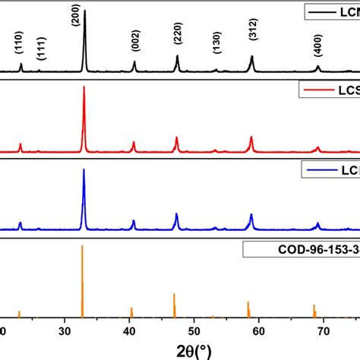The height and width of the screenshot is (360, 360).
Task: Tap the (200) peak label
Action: click(74, 17)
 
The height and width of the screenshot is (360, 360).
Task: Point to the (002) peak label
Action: click(135, 45)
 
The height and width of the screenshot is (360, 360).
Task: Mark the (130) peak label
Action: click(216, 46)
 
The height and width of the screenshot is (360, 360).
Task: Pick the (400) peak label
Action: click(317, 46)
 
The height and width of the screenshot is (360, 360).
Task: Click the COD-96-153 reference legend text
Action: click(304, 250)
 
